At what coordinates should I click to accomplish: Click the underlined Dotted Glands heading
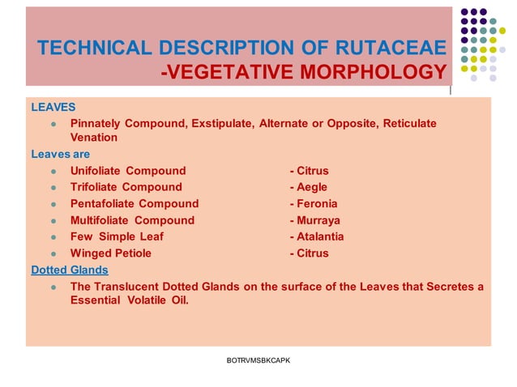point(70,270)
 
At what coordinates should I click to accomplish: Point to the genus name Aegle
point(312,187)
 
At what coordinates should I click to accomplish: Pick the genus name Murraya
point(317,220)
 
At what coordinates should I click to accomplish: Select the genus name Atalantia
point(319,236)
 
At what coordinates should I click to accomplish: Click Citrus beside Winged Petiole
point(312,253)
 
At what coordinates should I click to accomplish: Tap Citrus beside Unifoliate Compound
point(312,171)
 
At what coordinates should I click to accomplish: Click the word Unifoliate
point(96,171)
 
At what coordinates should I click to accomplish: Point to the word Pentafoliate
point(102,203)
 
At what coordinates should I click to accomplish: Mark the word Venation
point(94,138)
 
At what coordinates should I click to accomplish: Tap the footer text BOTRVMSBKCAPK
point(258,359)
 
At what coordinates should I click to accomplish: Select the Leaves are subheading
point(60,154)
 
